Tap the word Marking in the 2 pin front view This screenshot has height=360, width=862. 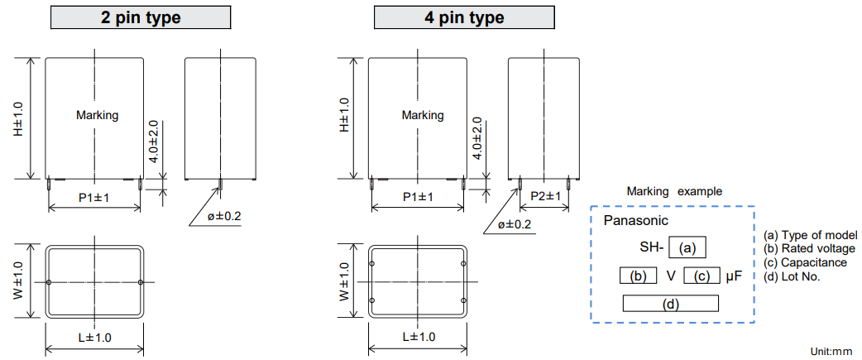(x=97, y=115)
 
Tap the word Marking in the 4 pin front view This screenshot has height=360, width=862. (x=422, y=115)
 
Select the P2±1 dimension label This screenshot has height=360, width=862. (x=545, y=196)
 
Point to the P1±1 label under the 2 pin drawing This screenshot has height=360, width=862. (x=94, y=197)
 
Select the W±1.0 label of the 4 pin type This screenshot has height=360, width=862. (x=344, y=281)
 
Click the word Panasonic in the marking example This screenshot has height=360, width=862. (x=635, y=221)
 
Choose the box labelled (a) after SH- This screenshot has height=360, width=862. (x=687, y=247)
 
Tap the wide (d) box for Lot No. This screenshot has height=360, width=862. (x=670, y=304)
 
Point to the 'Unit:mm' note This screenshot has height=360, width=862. (x=831, y=351)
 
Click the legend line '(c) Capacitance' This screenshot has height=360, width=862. (x=805, y=262)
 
